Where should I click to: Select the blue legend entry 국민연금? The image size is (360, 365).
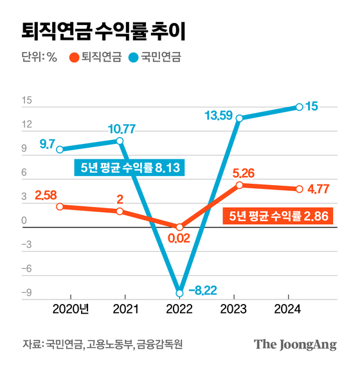(x=158, y=57)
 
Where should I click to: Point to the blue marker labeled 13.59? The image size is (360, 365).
(x=239, y=118)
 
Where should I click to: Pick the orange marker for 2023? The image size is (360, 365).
(x=239, y=185)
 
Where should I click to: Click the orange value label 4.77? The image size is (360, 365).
(x=319, y=189)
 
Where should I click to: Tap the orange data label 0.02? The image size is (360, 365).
(x=180, y=240)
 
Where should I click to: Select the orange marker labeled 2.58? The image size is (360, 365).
(x=60, y=207)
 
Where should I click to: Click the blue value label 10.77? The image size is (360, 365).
(x=120, y=129)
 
